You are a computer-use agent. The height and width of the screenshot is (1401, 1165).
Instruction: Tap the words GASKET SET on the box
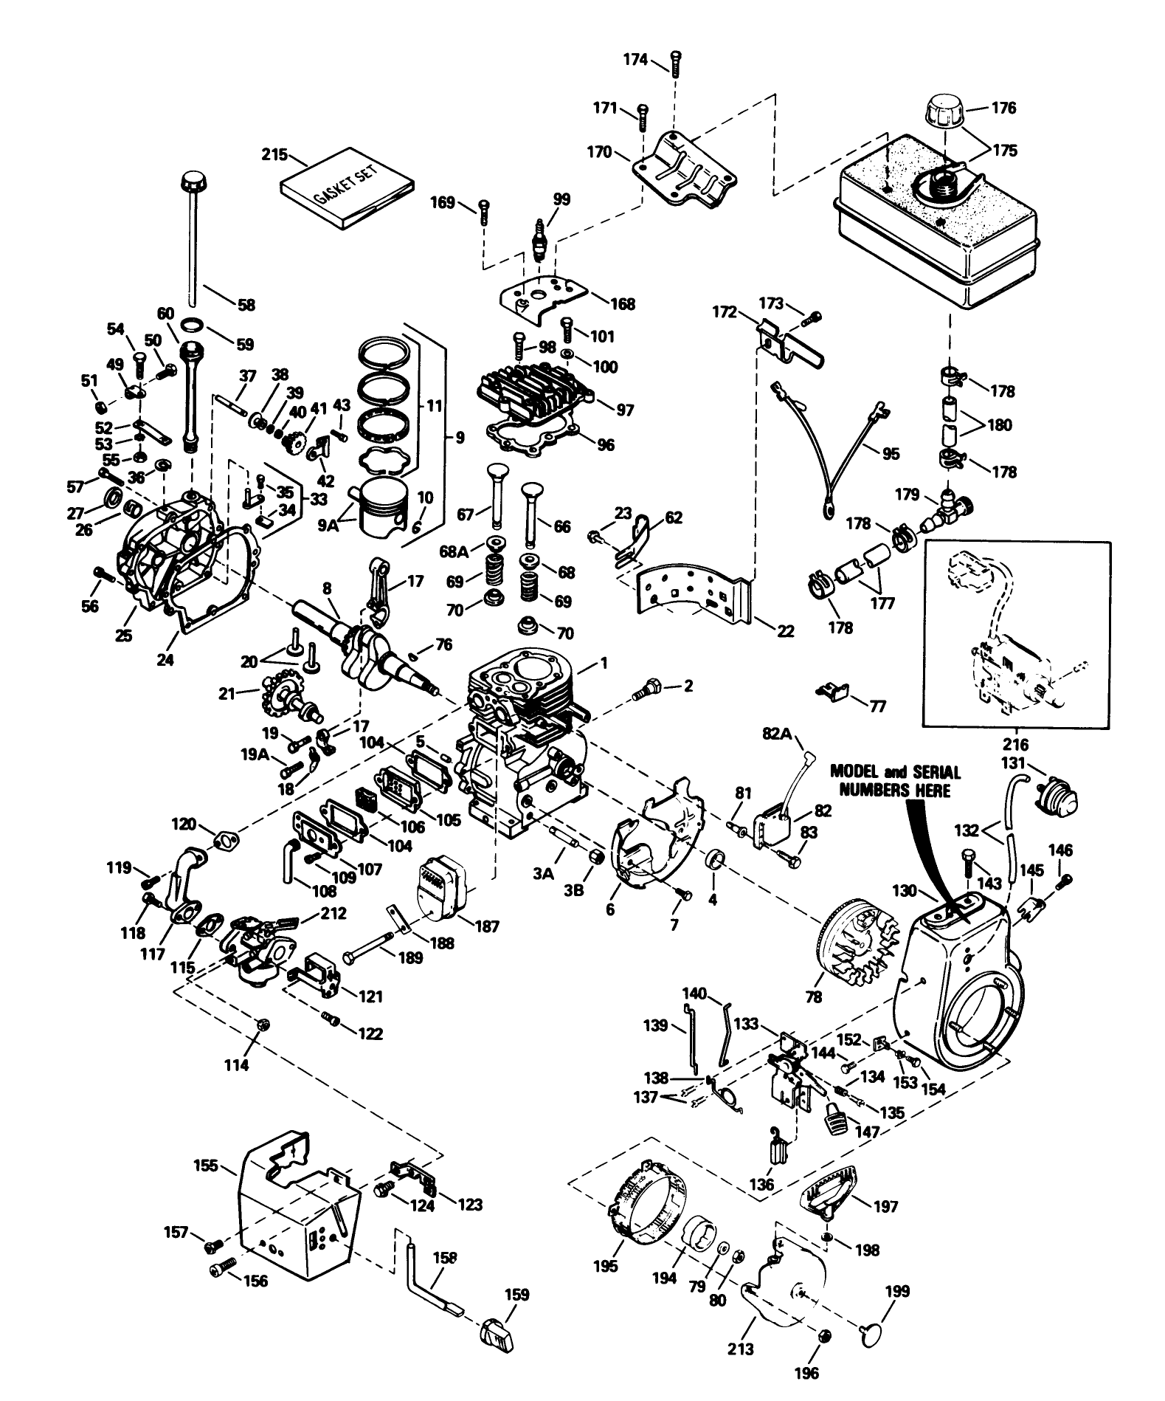click(x=345, y=186)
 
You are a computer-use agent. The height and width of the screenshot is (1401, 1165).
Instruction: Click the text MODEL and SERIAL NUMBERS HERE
click(x=895, y=781)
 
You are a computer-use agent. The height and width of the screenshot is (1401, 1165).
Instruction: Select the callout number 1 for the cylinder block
click(x=604, y=664)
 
